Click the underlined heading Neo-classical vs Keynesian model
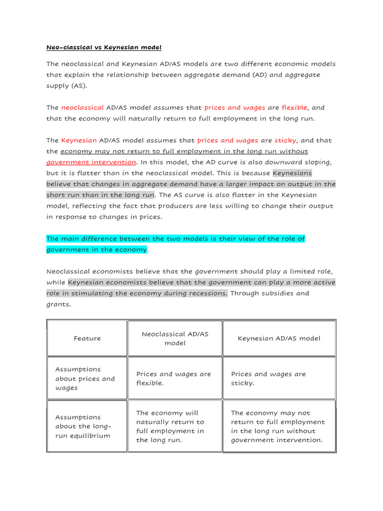pos(104,47)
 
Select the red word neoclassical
pos(82,108)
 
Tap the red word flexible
pos(295,108)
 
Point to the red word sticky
pos(285,141)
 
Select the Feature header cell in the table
pos(87,338)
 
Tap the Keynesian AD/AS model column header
pos(279,338)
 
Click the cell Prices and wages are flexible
pos(174,379)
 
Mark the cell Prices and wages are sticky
pos(268,379)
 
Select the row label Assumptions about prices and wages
pos(85,379)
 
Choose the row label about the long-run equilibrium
pos(83,427)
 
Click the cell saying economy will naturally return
pos(170,427)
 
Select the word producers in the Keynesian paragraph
pos(204,206)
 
